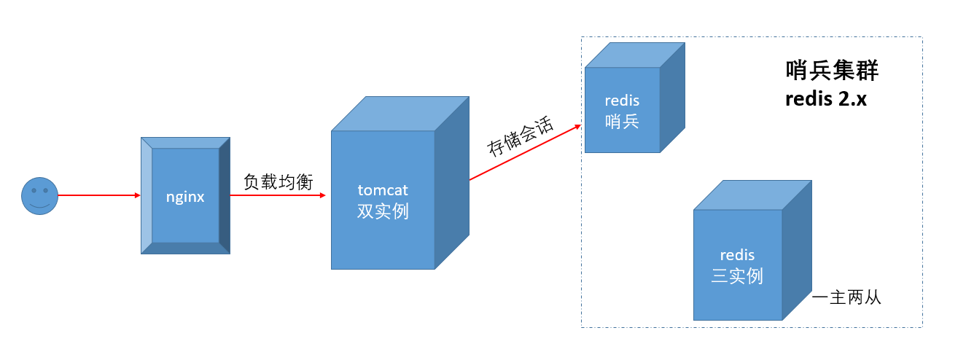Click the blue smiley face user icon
click(x=39, y=196)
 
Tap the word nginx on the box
click(x=185, y=196)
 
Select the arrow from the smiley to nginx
click(x=98, y=195)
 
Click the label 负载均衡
click(x=278, y=182)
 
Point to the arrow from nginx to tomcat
click(x=277, y=195)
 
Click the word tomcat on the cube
click(x=383, y=190)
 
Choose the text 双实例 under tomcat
click(x=383, y=211)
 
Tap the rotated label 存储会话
click(x=521, y=136)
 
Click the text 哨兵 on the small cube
click(x=622, y=121)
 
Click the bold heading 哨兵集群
click(x=831, y=71)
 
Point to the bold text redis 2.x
click(x=825, y=99)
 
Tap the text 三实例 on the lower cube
click(x=737, y=276)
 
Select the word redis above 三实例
click(x=737, y=255)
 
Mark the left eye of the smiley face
click(x=34, y=191)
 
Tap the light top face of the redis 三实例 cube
click(x=752, y=195)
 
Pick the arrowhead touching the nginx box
click(x=136, y=195)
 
